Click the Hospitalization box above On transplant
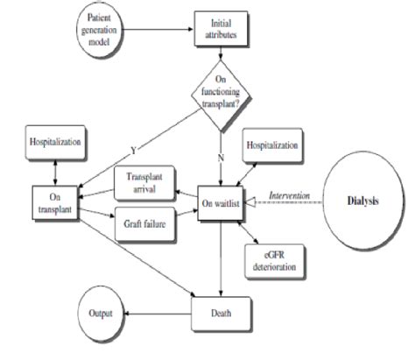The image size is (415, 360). tap(53, 139)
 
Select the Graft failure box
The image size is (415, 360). tap(143, 222)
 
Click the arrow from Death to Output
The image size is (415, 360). tap(158, 311)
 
